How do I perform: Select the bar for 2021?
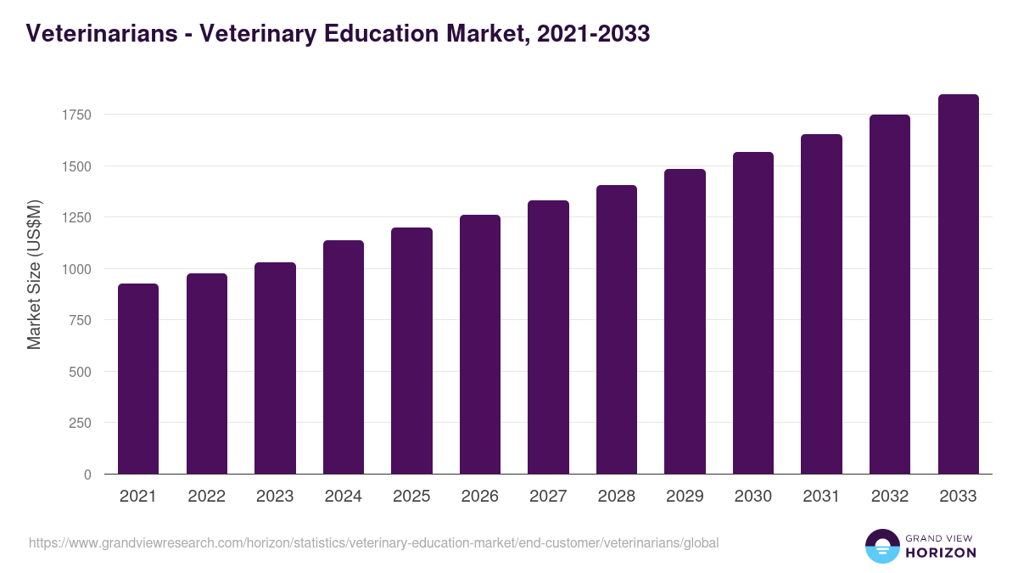point(138,379)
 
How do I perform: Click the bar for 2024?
point(343,357)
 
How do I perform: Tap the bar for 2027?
point(548,337)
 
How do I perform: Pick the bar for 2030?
point(752,313)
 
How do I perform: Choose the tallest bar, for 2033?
point(958,284)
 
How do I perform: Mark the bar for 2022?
point(206,374)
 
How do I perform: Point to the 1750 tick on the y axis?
point(76,115)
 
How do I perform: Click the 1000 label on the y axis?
point(76,269)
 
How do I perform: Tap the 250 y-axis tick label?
point(79,423)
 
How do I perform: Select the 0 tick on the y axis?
point(87,475)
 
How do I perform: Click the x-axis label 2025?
point(411,497)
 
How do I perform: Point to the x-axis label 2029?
point(685,497)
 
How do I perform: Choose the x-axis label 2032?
point(890,497)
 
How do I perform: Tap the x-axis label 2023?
point(275,497)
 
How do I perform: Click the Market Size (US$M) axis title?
point(34,274)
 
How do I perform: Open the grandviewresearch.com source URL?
point(373,542)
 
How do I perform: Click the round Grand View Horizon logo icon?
point(881,546)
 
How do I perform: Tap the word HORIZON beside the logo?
point(941,553)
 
